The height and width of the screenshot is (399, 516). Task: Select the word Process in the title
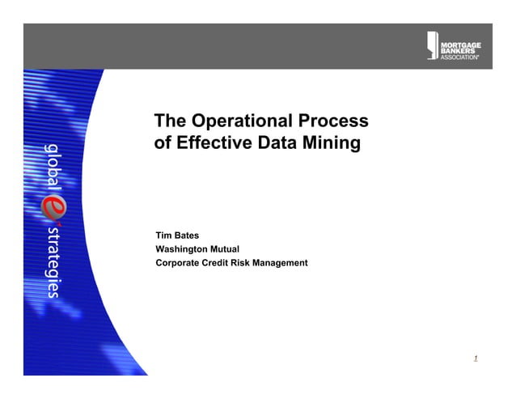(332, 122)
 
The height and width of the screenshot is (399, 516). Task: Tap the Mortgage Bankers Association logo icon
(432, 45)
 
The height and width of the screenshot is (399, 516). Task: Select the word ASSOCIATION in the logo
(459, 57)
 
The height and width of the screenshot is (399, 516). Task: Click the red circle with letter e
(51, 207)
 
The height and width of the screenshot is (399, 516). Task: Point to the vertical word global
(51, 166)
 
